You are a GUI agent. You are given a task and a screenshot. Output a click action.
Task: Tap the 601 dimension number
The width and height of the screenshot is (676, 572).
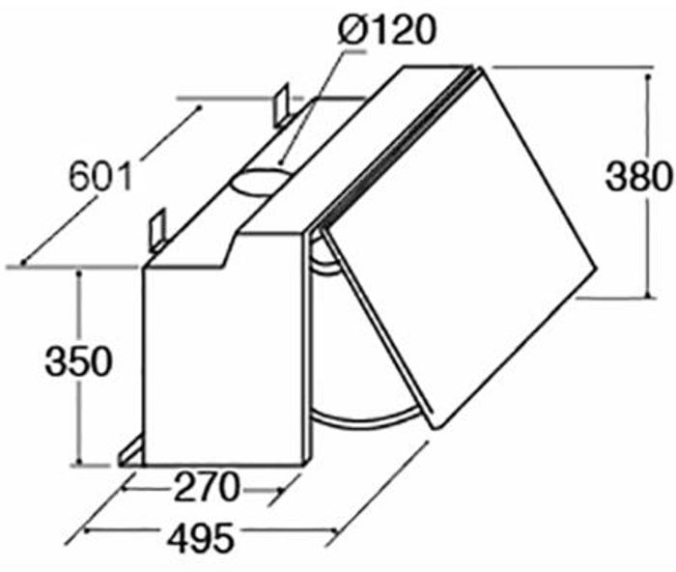click(x=99, y=177)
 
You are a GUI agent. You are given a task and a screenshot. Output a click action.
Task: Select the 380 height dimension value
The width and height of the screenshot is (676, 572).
click(x=638, y=177)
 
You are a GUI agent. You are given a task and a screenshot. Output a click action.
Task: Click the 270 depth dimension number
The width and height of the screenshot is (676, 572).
click(x=208, y=489)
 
